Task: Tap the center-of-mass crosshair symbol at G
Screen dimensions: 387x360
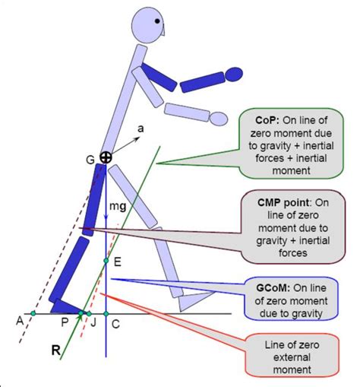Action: point(106,157)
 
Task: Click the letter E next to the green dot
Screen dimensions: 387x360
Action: point(116,261)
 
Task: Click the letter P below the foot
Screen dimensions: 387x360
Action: point(66,323)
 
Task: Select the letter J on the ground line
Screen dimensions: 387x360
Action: point(93,323)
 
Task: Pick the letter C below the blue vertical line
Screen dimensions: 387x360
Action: point(115,323)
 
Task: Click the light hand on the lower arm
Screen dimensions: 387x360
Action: point(219,118)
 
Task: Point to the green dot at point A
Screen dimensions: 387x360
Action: point(33,312)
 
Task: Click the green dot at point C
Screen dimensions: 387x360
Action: point(106,313)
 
